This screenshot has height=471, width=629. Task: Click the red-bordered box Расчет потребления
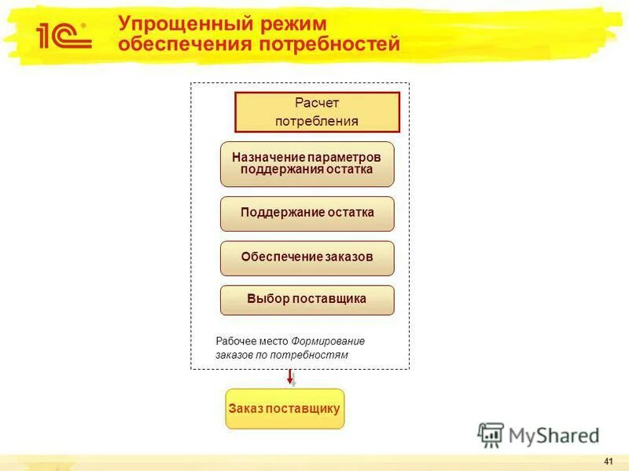tap(317, 111)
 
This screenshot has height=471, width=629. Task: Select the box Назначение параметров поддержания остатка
tap(307, 163)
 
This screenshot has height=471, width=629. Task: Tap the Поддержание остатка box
tap(307, 213)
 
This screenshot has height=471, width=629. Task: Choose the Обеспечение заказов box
tap(307, 257)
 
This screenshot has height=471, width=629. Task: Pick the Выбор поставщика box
tap(307, 300)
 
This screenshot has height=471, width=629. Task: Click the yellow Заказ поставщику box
tap(285, 408)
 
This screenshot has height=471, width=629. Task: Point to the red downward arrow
tap(290, 378)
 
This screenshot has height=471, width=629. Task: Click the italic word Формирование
tap(328, 341)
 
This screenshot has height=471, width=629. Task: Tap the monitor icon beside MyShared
tap(491, 435)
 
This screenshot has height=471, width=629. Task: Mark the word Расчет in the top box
tap(317, 103)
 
